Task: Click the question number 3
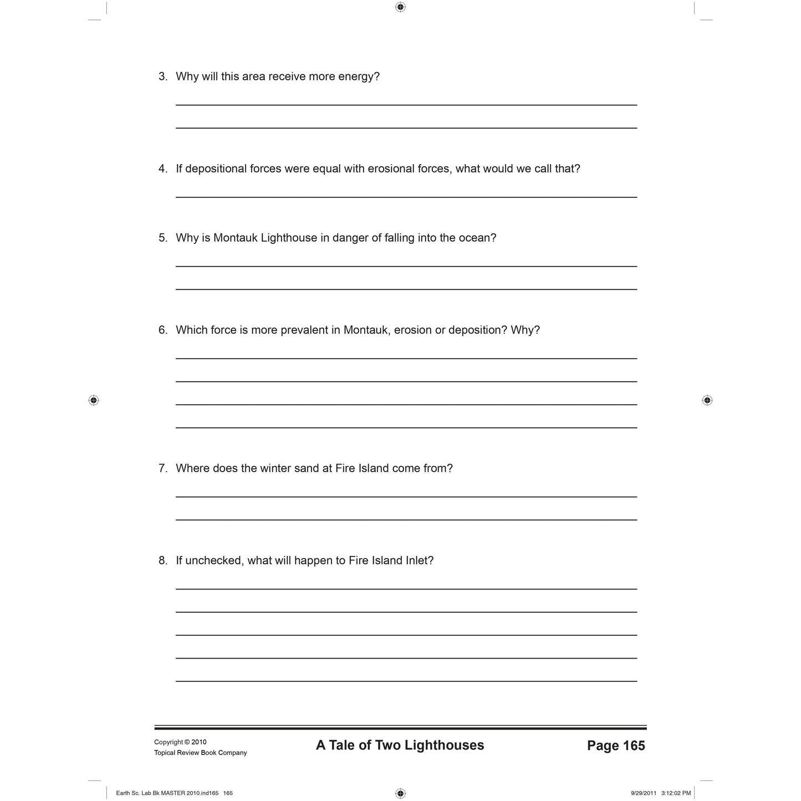click(x=162, y=76)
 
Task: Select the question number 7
click(x=162, y=468)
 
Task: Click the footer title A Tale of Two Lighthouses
click(x=400, y=746)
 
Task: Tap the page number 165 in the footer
click(x=634, y=746)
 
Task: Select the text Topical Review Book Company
click(x=200, y=753)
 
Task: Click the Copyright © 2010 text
click(x=180, y=742)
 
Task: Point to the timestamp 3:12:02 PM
click(x=676, y=793)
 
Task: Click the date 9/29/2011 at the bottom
click(x=643, y=793)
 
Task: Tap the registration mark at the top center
click(x=400, y=7)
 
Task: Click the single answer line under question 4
click(x=406, y=197)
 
